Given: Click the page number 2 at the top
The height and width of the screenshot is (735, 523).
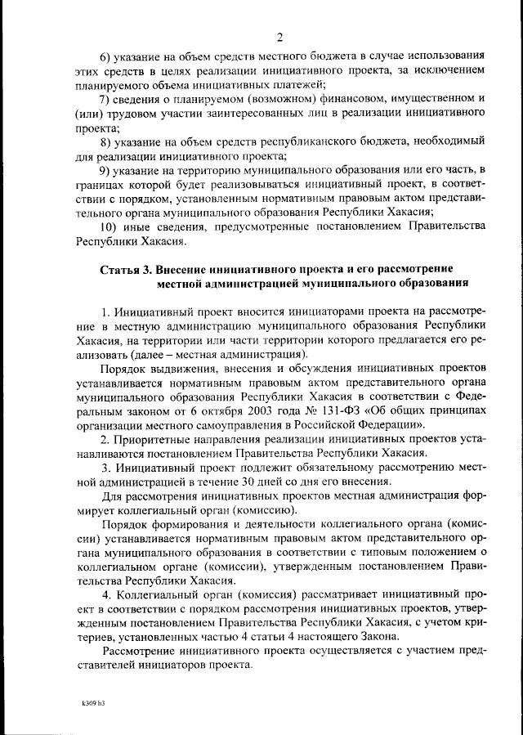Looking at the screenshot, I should tap(279, 36).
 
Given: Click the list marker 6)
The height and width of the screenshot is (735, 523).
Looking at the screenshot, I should tap(105, 56).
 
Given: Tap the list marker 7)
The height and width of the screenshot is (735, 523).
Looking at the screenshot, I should tap(105, 100).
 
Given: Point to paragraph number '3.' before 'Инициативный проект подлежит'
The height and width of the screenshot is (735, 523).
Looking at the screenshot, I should tap(105, 468).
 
